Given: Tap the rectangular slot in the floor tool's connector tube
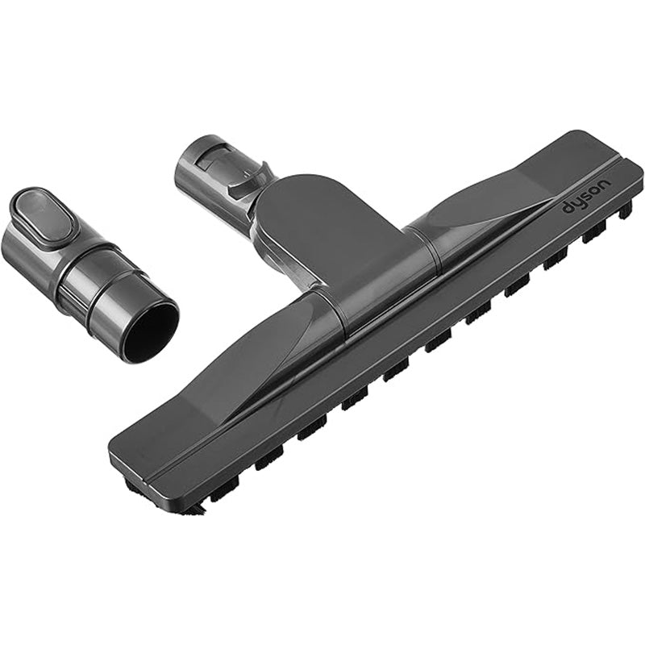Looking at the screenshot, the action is point(210,160).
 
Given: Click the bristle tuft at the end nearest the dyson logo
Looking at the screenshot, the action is point(626,209).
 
